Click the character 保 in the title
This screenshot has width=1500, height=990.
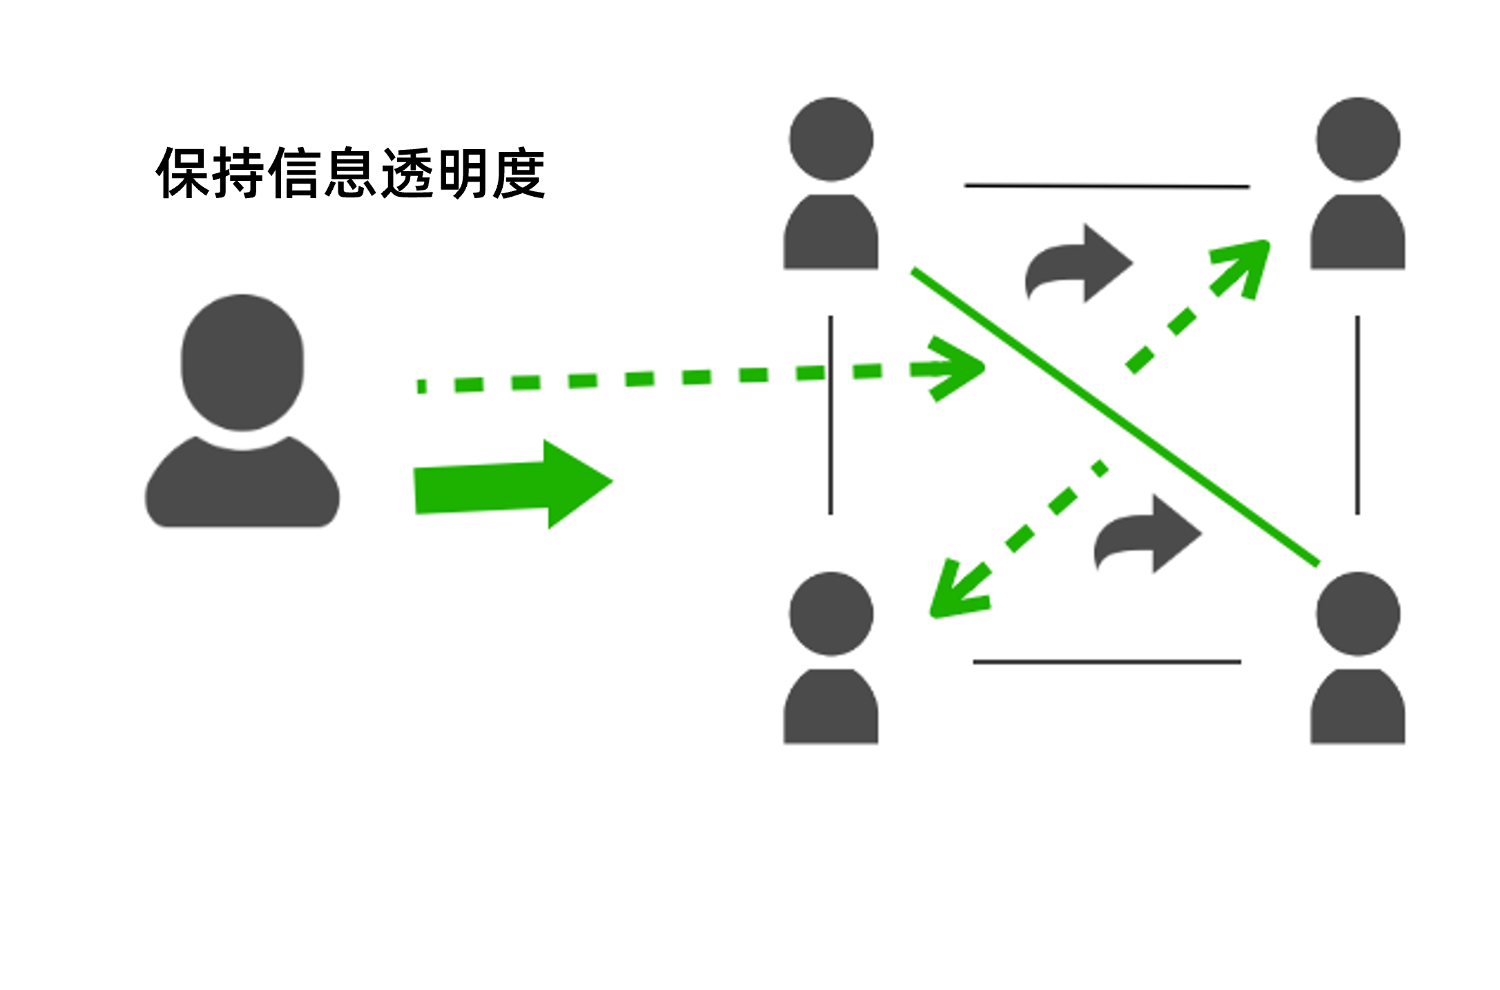(x=183, y=173)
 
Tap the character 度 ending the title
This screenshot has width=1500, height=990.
(x=519, y=173)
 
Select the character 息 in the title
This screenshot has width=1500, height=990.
(x=351, y=173)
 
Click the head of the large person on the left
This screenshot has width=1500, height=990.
(x=242, y=362)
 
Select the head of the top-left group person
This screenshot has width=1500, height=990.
(x=831, y=139)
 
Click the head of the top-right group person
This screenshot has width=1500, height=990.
(x=1358, y=139)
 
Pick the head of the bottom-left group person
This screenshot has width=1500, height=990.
(x=831, y=614)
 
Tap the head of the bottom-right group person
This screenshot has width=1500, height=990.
(x=1358, y=614)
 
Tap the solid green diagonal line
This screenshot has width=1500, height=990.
(x=1115, y=417)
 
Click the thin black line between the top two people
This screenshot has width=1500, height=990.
(x=1107, y=186)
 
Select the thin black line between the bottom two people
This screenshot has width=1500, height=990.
(x=1107, y=662)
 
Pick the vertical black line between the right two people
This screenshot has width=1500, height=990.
(x=1358, y=416)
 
